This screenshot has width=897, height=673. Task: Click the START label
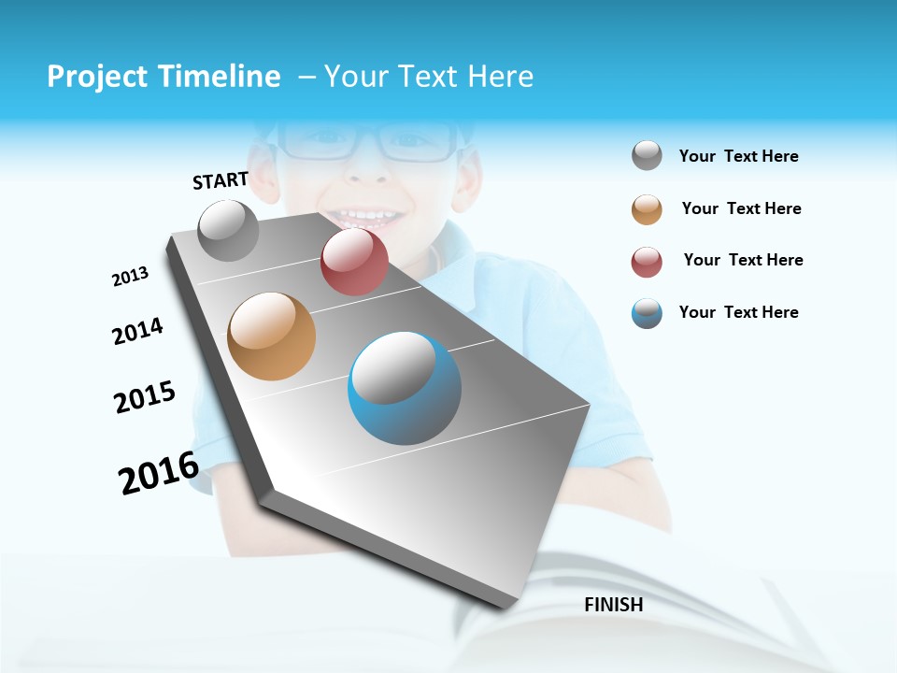[221, 180]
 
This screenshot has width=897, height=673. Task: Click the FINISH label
[614, 605]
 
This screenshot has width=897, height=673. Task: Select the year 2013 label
[130, 277]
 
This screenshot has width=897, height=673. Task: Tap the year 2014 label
[137, 331]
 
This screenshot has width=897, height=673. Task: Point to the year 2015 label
[145, 397]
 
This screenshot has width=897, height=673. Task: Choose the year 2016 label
[159, 472]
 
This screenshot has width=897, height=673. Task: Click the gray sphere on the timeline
[229, 230]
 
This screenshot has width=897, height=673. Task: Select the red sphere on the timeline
[354, 262]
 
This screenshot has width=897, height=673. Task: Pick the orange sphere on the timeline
[272, 336]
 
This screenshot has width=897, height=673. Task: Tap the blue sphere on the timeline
[405, 388]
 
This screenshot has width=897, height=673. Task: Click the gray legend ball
[647, 156]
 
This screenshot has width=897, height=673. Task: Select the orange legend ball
[647, 209]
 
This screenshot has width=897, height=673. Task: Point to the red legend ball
[647, 262]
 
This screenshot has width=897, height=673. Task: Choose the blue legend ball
[647, 313]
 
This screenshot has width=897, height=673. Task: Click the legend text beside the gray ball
[738, 156]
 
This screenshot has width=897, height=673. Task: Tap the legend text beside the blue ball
[738, 312]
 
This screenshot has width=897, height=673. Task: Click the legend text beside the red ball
[743, 260]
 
